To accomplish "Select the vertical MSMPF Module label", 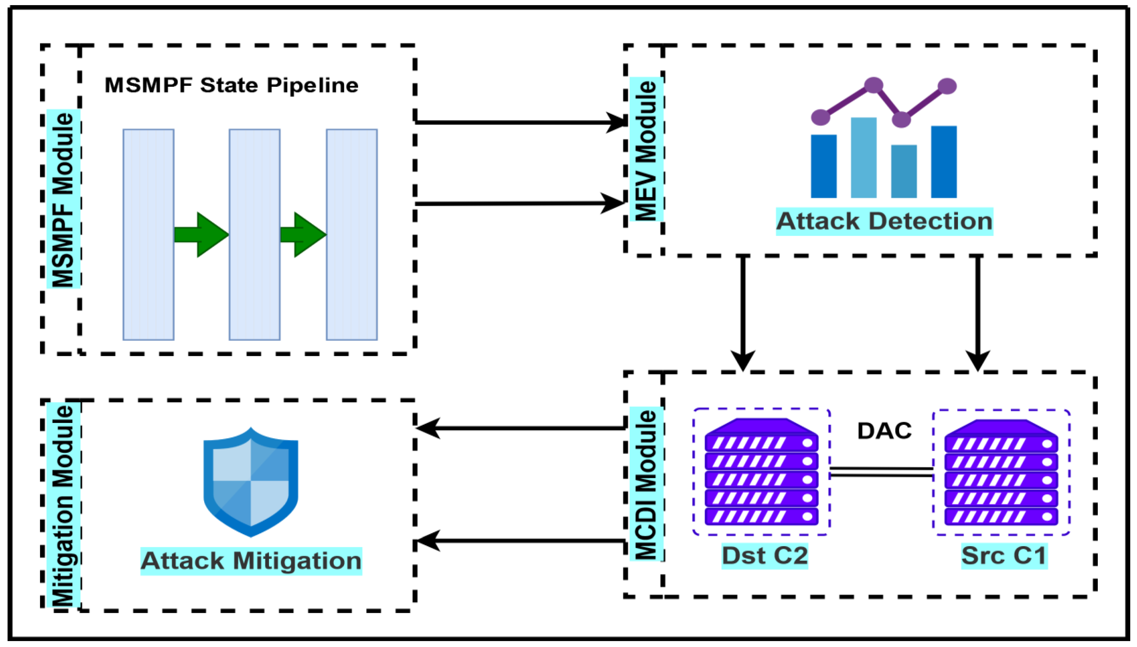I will pos(63,199).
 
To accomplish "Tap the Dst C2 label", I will pos(764,555).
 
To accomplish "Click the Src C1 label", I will pos(1004,555).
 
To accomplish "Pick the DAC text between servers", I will pos(884,431).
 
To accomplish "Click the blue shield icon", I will pos(251,482).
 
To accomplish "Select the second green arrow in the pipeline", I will pos(303,235).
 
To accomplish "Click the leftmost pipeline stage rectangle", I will pos(149,235).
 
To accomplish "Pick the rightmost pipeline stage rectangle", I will pos(352,235).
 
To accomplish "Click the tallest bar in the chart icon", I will pos(863,158).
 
